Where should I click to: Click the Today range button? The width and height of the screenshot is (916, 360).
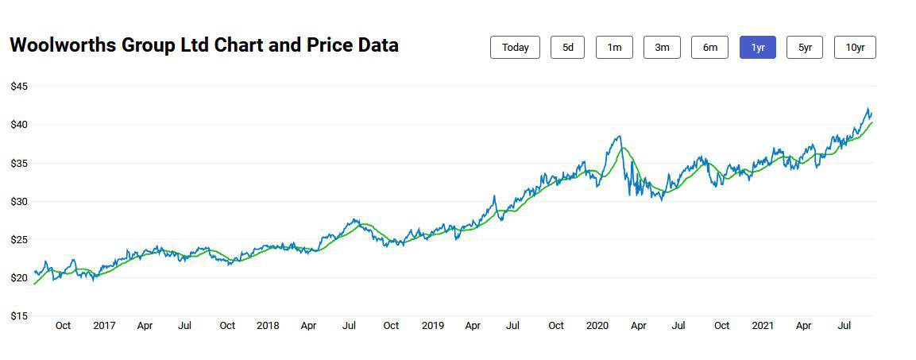pos(515,48)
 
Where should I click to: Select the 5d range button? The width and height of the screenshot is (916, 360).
pos(567,48)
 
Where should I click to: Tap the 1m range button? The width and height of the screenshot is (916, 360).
pos(614,48)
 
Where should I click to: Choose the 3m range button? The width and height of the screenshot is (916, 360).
pos(662,48)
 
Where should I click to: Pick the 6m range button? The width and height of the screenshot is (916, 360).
pos(709,48)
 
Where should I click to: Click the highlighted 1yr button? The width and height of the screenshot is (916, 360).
pos(757,48)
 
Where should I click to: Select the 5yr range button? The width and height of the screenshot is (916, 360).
pos(805,48)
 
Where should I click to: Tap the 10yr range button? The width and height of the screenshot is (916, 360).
pos(855,48)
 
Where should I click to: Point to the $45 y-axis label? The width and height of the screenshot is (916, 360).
pos(19,87)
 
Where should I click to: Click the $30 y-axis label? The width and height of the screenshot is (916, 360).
pos(19,202)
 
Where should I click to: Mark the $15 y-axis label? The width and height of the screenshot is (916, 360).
pos(19,316)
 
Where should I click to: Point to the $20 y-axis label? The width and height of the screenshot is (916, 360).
pos(19,278)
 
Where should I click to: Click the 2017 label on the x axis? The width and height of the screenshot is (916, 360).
pos(104,326)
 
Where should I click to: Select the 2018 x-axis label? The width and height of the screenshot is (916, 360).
pos(268,326)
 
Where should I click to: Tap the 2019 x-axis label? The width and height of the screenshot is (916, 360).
pos(432,326)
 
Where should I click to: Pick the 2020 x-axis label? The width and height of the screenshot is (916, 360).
pos(597,326)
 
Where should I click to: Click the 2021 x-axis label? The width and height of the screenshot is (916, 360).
pos(763,326)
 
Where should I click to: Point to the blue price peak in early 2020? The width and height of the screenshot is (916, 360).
pos(619,137)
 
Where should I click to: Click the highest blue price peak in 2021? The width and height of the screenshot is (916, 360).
pos(868,109)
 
